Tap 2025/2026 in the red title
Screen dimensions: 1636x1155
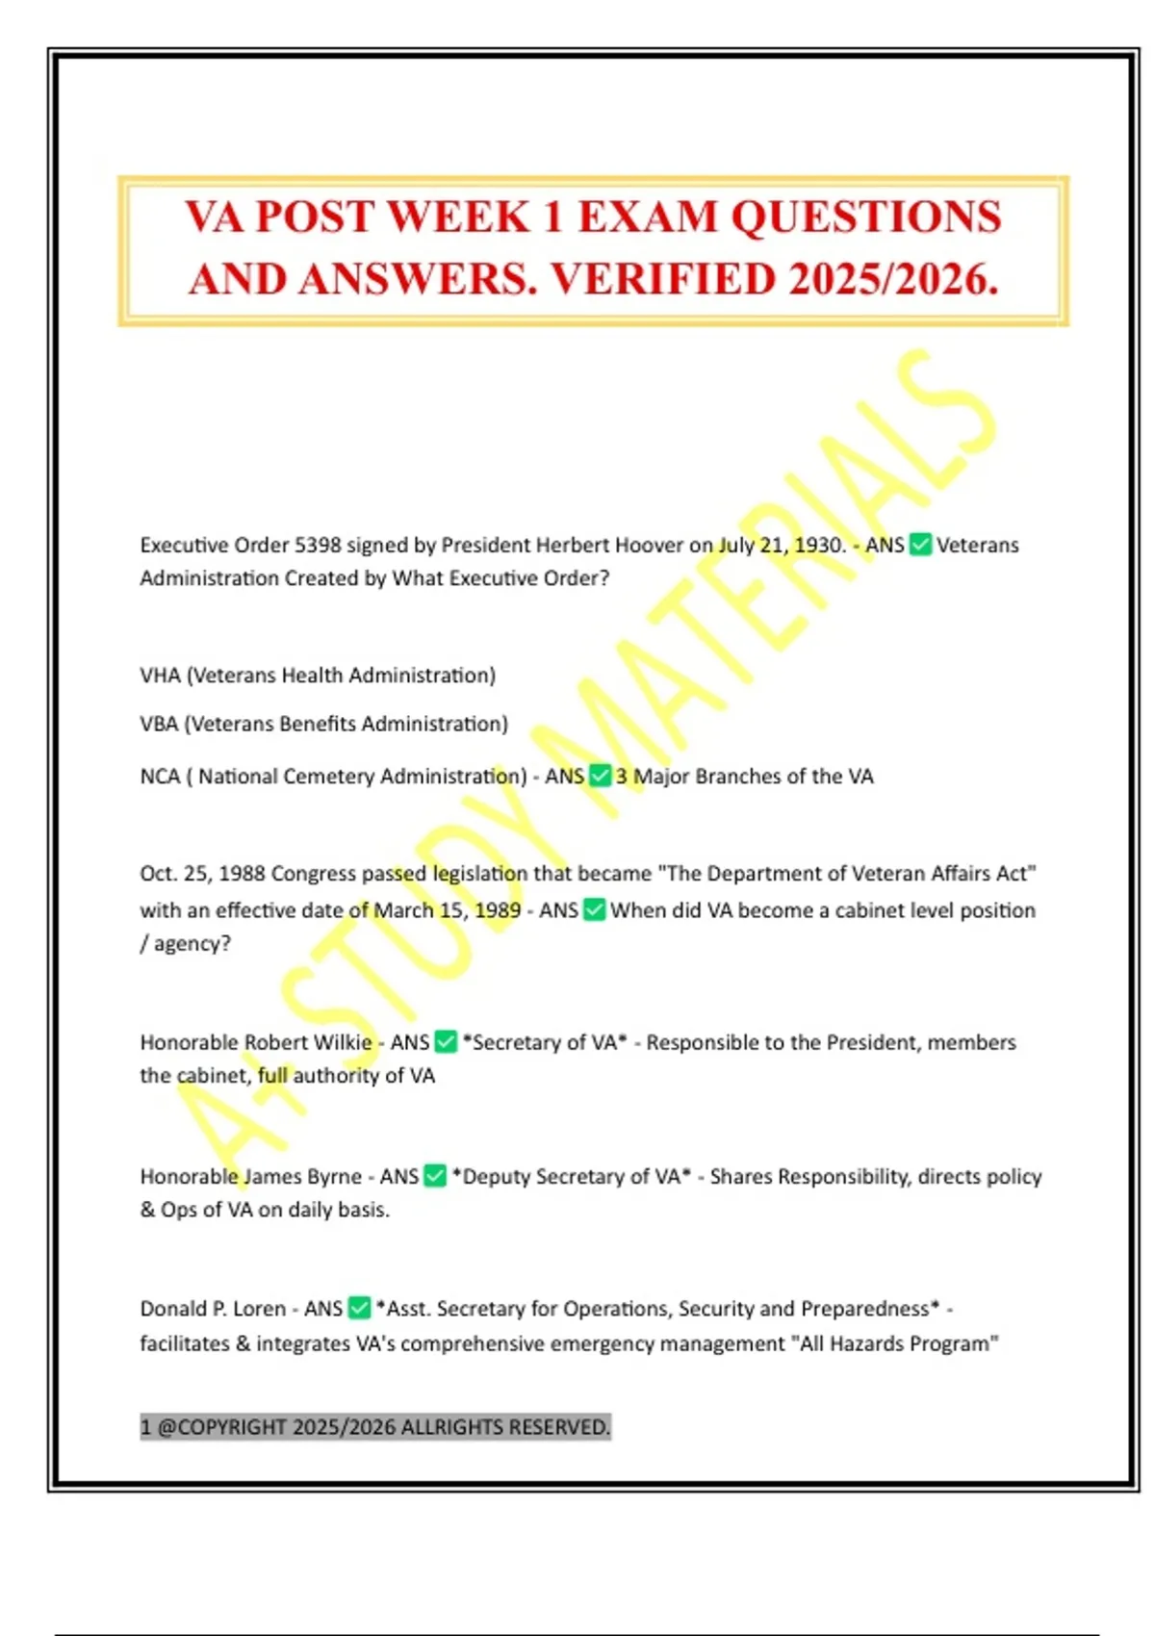[892, 279]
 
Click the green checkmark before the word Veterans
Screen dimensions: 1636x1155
[920, 545]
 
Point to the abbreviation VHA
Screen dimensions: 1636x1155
[160, 676]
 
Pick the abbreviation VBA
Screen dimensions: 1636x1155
[159, 724]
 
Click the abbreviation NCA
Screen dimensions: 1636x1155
[160, 777]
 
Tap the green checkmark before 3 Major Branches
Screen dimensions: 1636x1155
[600, 776]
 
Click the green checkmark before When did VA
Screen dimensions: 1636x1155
[594, 909]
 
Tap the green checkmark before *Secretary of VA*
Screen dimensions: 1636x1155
[446, 1041]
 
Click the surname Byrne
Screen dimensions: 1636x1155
[335, 1176]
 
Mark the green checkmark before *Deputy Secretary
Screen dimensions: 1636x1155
[435, 1176]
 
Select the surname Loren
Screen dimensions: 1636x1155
[259, 1309]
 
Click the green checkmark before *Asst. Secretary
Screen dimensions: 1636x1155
[359, 1308]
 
